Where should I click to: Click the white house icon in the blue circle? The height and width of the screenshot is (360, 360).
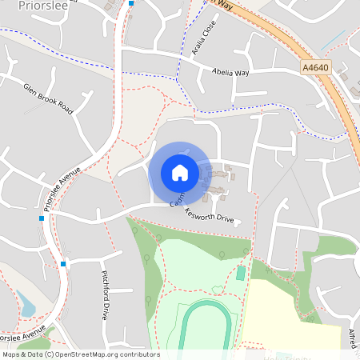click(x=179, y=172)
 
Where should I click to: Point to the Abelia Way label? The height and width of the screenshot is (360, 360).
click(x=230, y=72)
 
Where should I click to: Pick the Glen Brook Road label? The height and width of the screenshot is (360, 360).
click(x=48, y=98)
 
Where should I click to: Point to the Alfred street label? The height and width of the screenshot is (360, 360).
click(x=354, y=337)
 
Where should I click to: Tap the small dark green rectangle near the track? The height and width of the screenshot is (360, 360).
click(x=241, y=274)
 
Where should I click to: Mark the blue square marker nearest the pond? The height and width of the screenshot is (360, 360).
click(x=62, y=264)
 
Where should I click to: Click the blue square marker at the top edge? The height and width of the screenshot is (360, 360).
click(x=131, y=3)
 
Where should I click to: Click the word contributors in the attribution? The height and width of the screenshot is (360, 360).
click(x=139, y=354)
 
